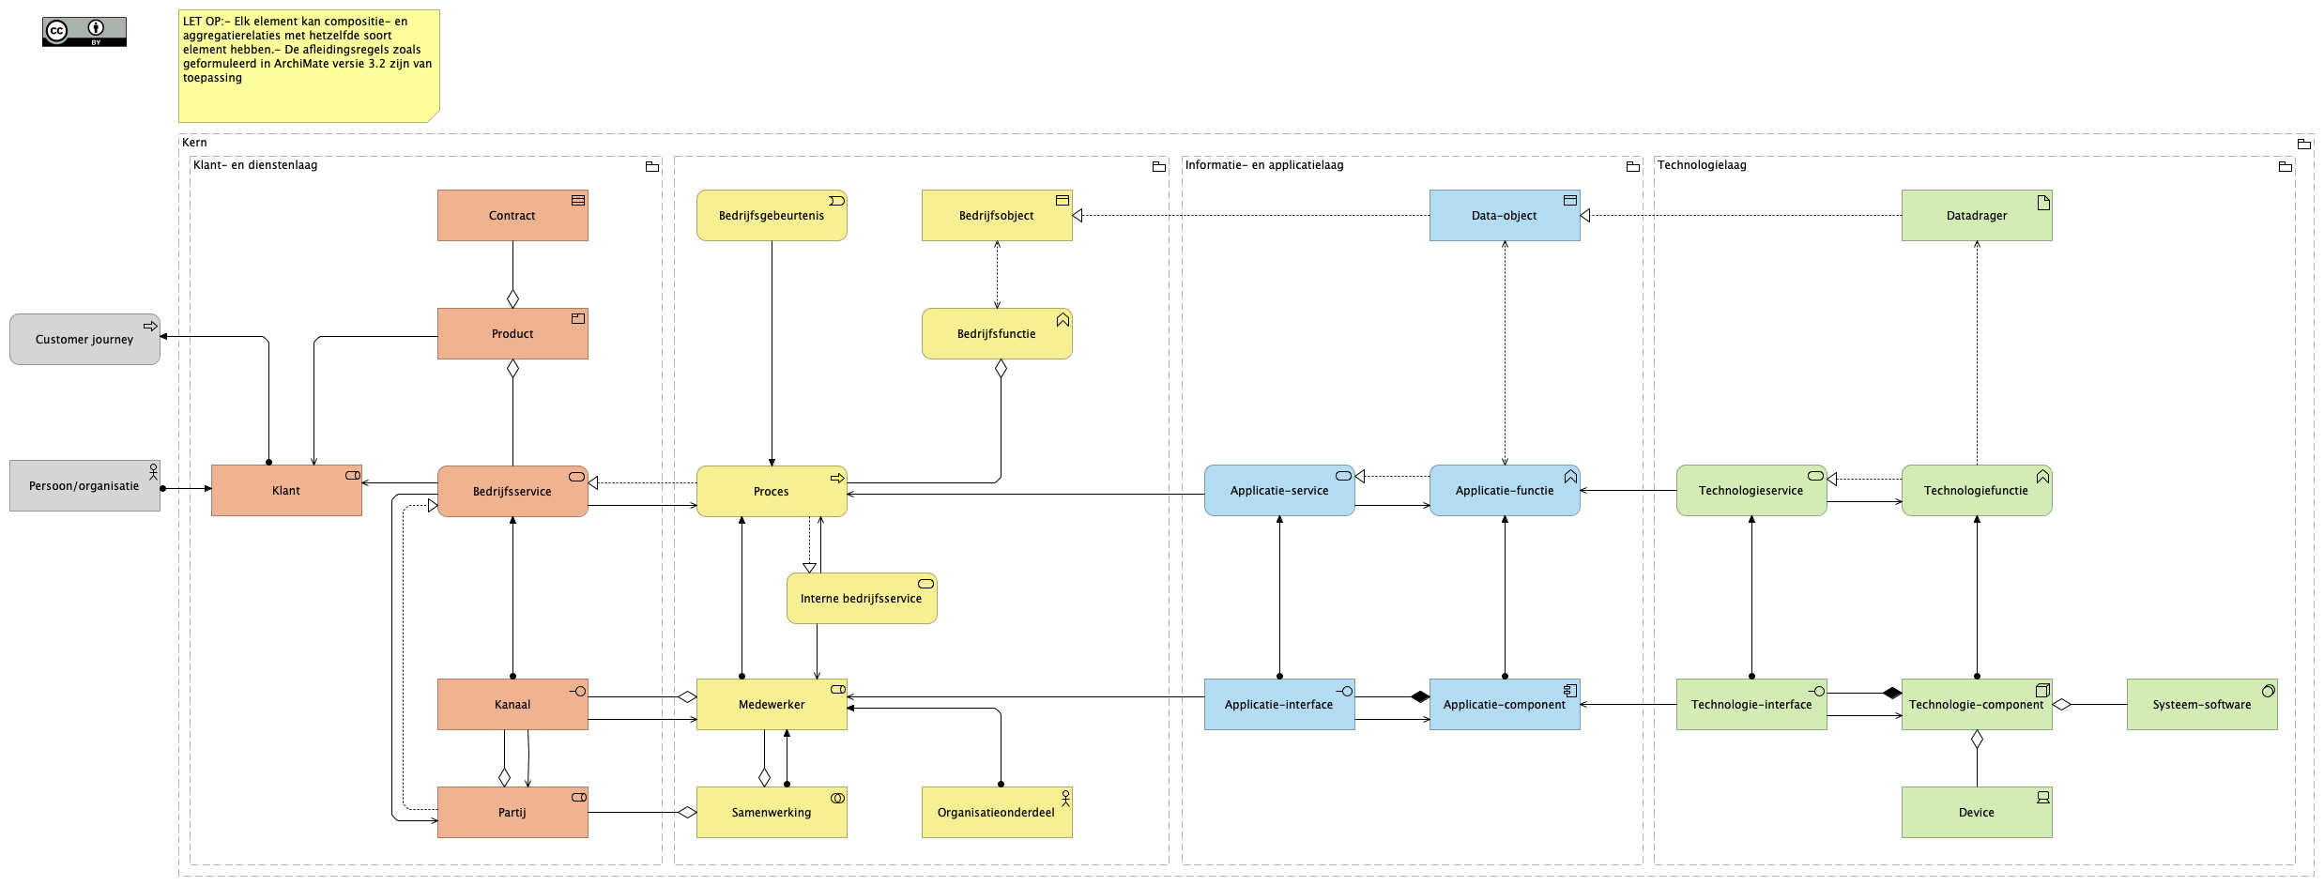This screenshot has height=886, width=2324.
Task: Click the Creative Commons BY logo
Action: pyautogui.click(x=84, y=31)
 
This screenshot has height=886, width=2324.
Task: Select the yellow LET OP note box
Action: pyautogui.click(x=308, y=66)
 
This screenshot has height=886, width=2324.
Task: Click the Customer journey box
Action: pyautogui.click(x=84, y=339)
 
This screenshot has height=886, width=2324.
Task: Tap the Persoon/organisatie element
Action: pyautogui.click(x=84, y=485)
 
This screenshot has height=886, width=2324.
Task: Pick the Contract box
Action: pyautogui.click(x=512, y=215)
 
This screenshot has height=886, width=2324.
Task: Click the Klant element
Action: pyautogui.click(x=286, y=490)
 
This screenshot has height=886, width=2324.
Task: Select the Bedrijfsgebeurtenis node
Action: pyautogui.click(x=771, y=215)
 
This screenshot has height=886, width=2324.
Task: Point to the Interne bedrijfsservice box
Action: pyautogui.click(x=861, y=598)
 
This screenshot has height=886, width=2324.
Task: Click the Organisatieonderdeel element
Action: pyautogui.click(x=996, y=812)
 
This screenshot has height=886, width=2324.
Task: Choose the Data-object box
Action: pyautogui.click(x=1504, y=215)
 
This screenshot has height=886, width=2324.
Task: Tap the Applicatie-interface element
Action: pyautogui.click(x=1278, y=704)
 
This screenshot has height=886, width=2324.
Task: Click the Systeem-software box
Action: pyautogui.click(x=2201, y=704)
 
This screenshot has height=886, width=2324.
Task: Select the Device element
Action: pyautogui.click(x=1976, y=812)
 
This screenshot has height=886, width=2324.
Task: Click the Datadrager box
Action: pyautogui.click(x=1976, y=215)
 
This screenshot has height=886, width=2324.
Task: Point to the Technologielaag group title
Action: pyautogui.click(x=1702, y=165)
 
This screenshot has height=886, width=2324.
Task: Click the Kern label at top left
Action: pyautogui.click(x=194, y=143)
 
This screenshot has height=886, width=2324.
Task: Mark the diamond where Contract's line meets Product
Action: pyautogui.click(x=512, y=298)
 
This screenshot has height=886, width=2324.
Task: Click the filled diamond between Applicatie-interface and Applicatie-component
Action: pyautogui.click(x=1419, y=696)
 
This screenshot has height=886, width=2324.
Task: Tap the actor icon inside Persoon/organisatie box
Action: pyautogui.click(x=153, y=471)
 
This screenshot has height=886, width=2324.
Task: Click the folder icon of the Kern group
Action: pyautogui.click(x=2303, y=144)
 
